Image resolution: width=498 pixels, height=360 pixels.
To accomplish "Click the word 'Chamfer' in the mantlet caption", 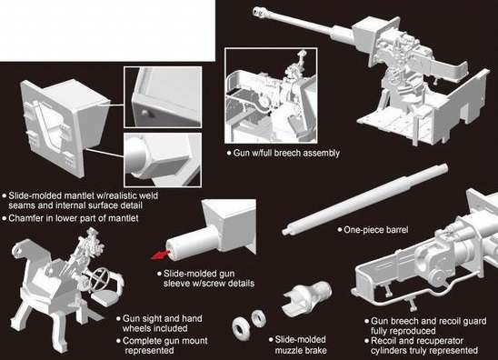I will pyautogui.click(x=30, y=219).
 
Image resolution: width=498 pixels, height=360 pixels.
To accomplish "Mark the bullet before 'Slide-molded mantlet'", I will pyautogui.click(x=5, y=195).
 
